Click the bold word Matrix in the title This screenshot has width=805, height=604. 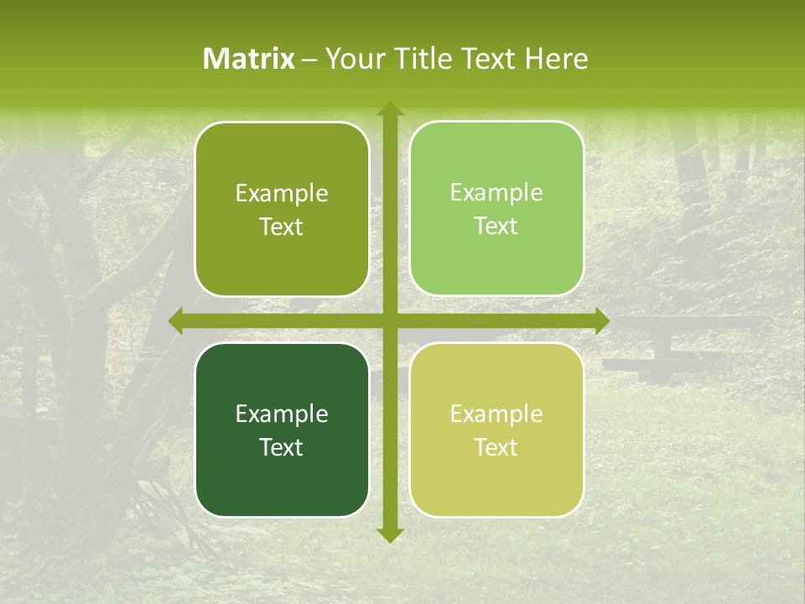[x=249, y=59]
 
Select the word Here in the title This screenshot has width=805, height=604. [x=556, y=59]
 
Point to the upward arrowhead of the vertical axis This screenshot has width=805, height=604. [x=389, y=109]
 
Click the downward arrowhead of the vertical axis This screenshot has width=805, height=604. [x=389, y=534]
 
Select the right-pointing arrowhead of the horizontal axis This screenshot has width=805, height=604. [x=601, y=321]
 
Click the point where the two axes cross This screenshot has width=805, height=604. [x=389, y=321]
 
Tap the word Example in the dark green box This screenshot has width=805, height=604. [x=282, y=414]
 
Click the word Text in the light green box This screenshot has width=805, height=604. [x=496, y=226]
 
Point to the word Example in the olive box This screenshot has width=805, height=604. [x=282, y=194]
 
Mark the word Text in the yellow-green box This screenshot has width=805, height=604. [x=496, y=447]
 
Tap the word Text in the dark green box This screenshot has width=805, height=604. [x=282, y=447]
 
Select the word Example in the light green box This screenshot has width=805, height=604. [x=496, y=193]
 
